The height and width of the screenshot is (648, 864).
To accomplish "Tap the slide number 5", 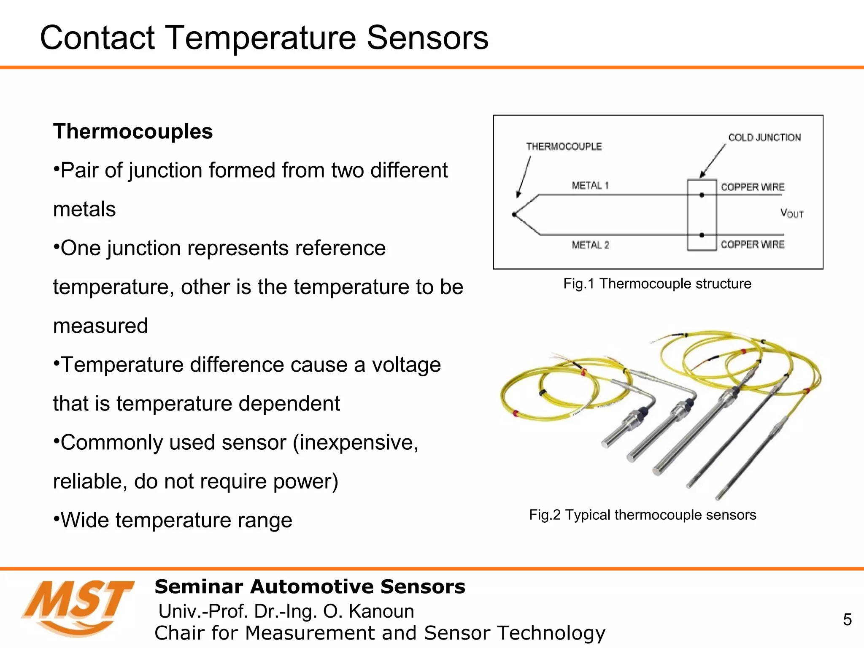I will coord(847,619).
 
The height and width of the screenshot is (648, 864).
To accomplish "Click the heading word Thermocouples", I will coord(133,131).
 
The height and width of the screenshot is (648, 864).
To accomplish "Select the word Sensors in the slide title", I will coord(427,38).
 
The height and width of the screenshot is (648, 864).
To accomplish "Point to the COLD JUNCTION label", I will coord(764,138).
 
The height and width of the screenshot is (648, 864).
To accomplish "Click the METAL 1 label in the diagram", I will coord(590,186).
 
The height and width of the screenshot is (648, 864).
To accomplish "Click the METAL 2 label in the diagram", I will coord(590,245).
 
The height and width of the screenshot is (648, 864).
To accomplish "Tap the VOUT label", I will coord(791,213).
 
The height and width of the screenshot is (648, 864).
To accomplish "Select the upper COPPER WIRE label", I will coord(752,187).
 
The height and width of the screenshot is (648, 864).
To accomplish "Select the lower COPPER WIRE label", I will coord(752,245).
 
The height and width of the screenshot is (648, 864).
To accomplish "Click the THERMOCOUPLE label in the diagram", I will coord(564,146).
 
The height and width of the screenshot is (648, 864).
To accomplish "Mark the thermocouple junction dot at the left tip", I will coord(514,214).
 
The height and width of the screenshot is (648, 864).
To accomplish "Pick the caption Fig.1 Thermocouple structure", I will coord(657,283).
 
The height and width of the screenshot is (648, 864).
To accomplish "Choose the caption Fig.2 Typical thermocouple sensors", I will coord(642,515).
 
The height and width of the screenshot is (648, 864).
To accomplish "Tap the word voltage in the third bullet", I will coord(406,365).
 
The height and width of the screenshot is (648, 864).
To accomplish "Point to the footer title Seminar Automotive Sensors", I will coord(310,587).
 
